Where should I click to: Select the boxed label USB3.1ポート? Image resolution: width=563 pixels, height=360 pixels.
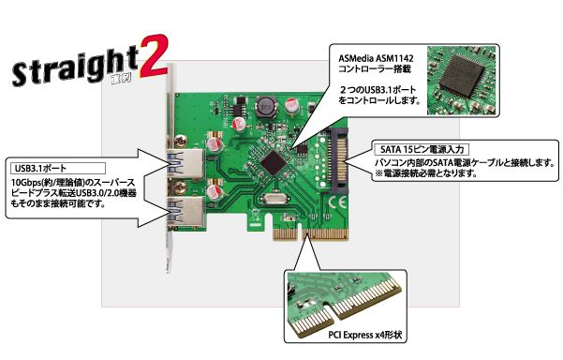pos(41,168)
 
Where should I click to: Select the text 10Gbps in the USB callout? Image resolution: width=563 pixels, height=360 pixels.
pos(28,182)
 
